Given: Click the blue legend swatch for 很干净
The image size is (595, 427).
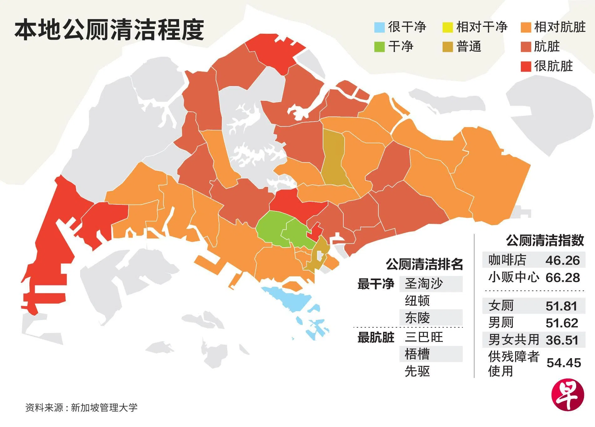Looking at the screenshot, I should tap(379, 28).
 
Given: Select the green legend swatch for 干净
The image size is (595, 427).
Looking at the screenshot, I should tap(379, 47).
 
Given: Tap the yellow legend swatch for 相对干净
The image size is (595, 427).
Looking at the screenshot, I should tap(448, 28).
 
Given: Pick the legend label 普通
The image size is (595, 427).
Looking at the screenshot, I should tap(469, 47).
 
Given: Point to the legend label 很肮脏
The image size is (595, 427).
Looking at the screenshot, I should tap(553, 66).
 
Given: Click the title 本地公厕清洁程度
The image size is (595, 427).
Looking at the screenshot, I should tap(109, 30).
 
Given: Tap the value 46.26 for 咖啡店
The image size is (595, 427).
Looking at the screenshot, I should tap(562, 260).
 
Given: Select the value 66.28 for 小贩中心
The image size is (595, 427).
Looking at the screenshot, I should tap(562, 278).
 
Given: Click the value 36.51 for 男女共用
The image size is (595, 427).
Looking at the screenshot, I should tap(562, 340).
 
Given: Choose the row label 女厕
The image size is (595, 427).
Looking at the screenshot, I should tap(501, 306).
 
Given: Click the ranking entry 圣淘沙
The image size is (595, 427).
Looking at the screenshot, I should tap(424, 284).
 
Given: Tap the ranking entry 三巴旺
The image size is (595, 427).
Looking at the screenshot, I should tap(424, 337).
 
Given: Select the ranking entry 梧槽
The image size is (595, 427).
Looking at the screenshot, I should tap(417, 354).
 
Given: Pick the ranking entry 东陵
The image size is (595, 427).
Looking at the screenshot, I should tap(417, 318).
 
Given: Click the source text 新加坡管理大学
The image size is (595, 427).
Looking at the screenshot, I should tap(104, 408).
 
